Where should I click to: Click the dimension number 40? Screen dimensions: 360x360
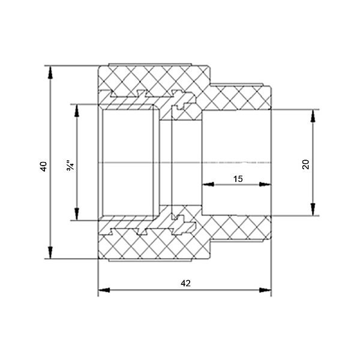click(x=44, y=167)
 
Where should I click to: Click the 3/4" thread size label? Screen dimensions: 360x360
click(x=70, y=166)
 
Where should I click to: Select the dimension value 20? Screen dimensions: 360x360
click(x=306, y=164)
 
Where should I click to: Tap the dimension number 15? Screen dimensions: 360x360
click(x=238, y=179)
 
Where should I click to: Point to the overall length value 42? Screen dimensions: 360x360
click(x=185, y=283)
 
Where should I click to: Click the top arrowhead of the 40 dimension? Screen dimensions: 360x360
click(x=50, y=73)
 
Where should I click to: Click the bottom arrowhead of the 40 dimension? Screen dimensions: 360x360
click(x=50, y=253)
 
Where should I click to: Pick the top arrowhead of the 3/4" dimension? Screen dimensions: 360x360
click(x=77, y=111)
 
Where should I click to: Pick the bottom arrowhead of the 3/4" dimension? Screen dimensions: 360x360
click(x=77, y=214)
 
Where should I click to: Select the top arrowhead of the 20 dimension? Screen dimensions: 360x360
click(x=313, y=116)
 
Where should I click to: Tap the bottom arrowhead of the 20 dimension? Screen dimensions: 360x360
click(x=313, y=209)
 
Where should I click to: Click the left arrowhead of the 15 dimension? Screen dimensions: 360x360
click(x=208, y=184)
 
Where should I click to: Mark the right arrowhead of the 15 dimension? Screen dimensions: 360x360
click(x=265, y=184)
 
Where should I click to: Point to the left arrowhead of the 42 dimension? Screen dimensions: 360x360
click(x=104, y=290)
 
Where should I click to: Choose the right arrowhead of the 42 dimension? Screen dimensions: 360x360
click(x=265, y=290)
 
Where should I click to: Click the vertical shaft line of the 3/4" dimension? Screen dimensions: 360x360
click(x=77, y=163)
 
